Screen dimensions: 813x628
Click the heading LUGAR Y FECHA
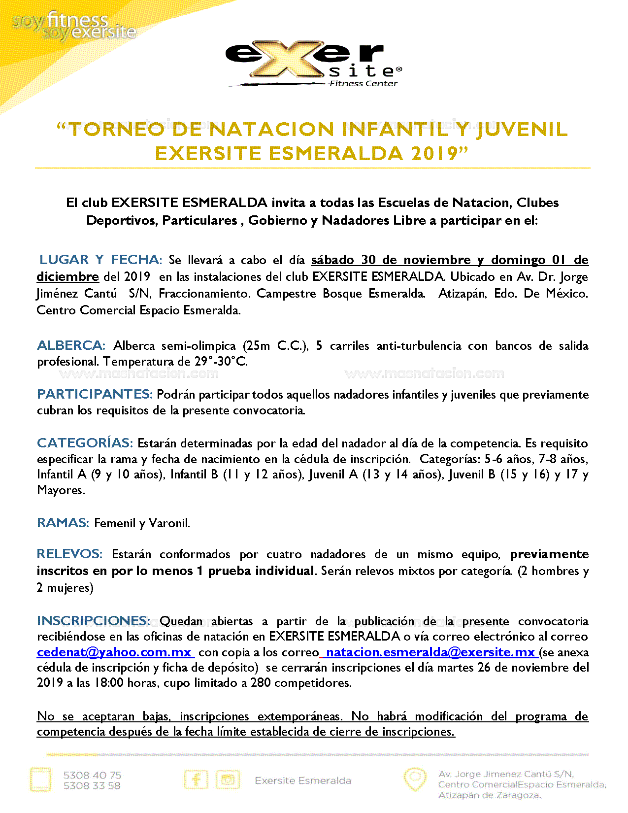[x=100, y=260]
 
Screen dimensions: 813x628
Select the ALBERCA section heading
[x=71, y=345]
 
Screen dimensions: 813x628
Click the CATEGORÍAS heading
[x=85, y=443]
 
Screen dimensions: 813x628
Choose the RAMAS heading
[x=63, y=523]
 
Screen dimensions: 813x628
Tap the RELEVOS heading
[x=69, y=554]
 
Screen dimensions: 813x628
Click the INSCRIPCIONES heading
[x=94, y=620]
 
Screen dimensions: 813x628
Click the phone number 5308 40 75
[x=92, y=775]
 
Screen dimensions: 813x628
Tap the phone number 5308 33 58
[x=92, y=786]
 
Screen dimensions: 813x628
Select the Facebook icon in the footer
[x=196, y=780]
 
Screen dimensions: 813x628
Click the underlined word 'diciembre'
[x=67, y=276]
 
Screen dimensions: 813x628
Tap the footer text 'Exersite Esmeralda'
[x=303, y=780]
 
